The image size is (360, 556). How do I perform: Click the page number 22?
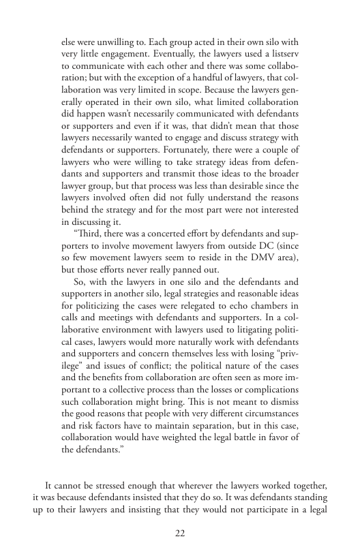[180, 533]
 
